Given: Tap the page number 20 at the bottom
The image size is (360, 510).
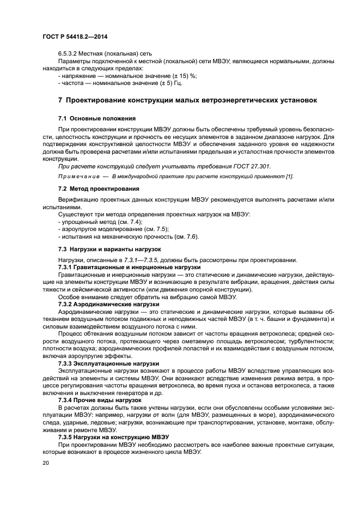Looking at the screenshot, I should [46, 463].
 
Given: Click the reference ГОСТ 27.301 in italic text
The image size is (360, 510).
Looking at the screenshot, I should [250, 166].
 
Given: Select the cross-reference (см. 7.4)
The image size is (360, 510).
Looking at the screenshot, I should [130, 222].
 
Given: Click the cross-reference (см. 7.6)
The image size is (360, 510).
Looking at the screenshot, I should [187, 236].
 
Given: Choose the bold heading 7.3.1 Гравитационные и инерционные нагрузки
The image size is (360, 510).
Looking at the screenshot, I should [130, 268].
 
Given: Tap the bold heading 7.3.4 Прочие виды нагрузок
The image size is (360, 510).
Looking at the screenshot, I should [102, 400].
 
